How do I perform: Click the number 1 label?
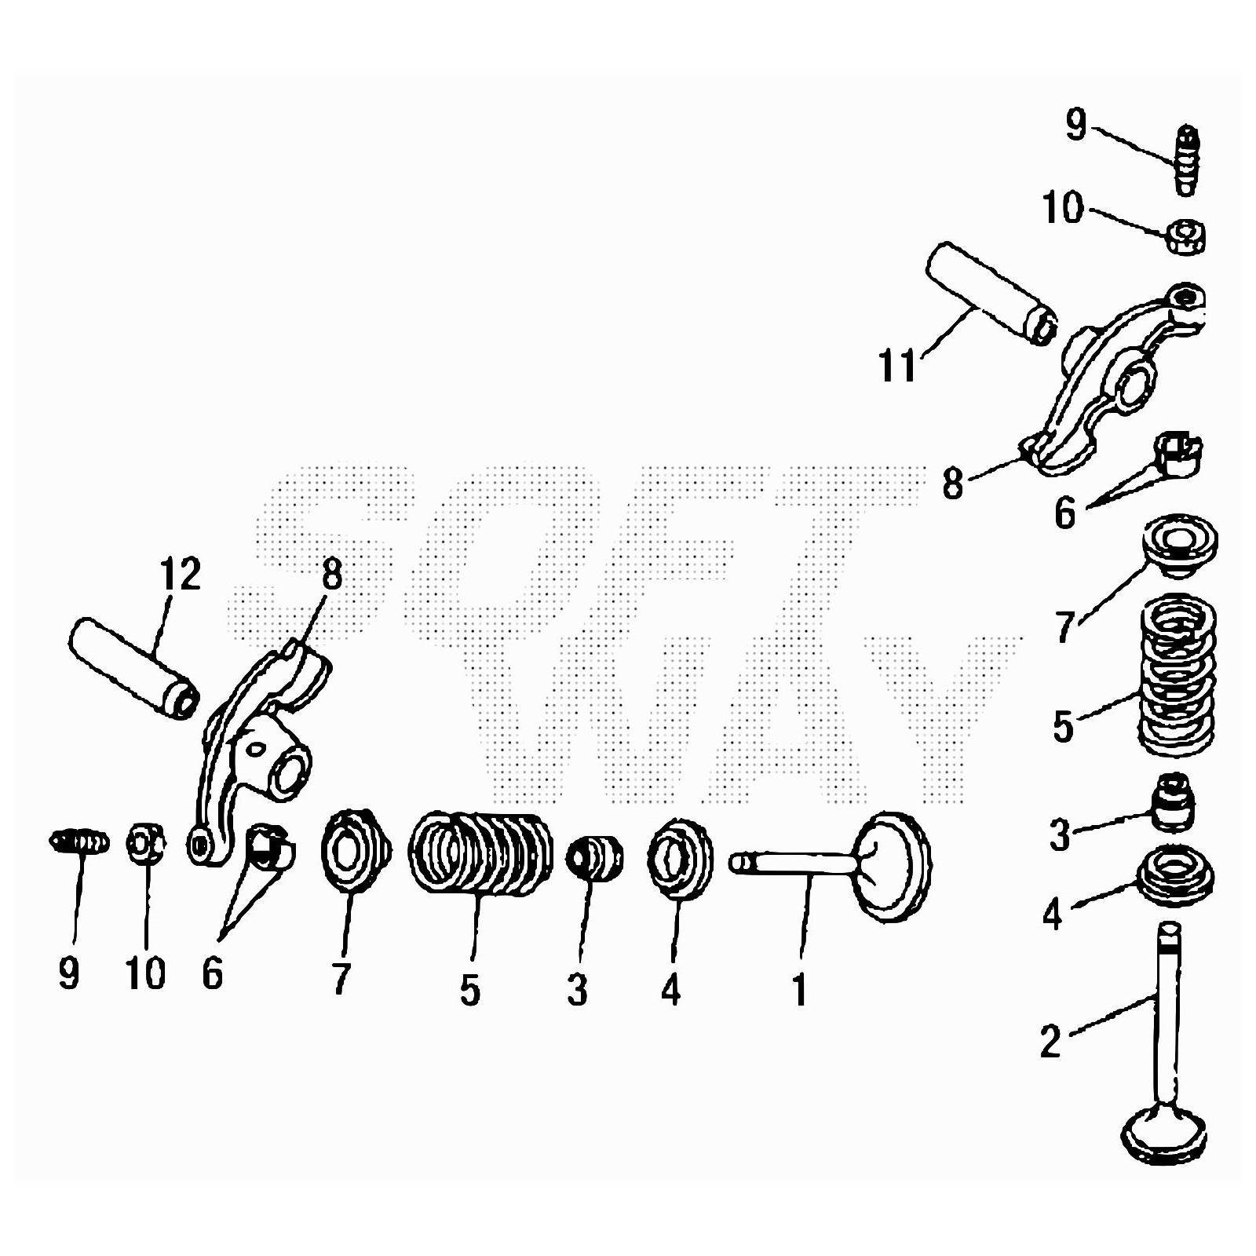point(800,989)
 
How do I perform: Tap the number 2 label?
point(1051,1040)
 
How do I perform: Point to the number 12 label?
point(180,574)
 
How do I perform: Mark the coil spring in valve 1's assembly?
point(479,852)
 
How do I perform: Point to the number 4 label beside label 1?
point(670,991)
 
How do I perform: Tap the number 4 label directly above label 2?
point(1053,914)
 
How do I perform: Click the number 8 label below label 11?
point(952,484)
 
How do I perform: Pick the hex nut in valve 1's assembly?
point(146,843)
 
